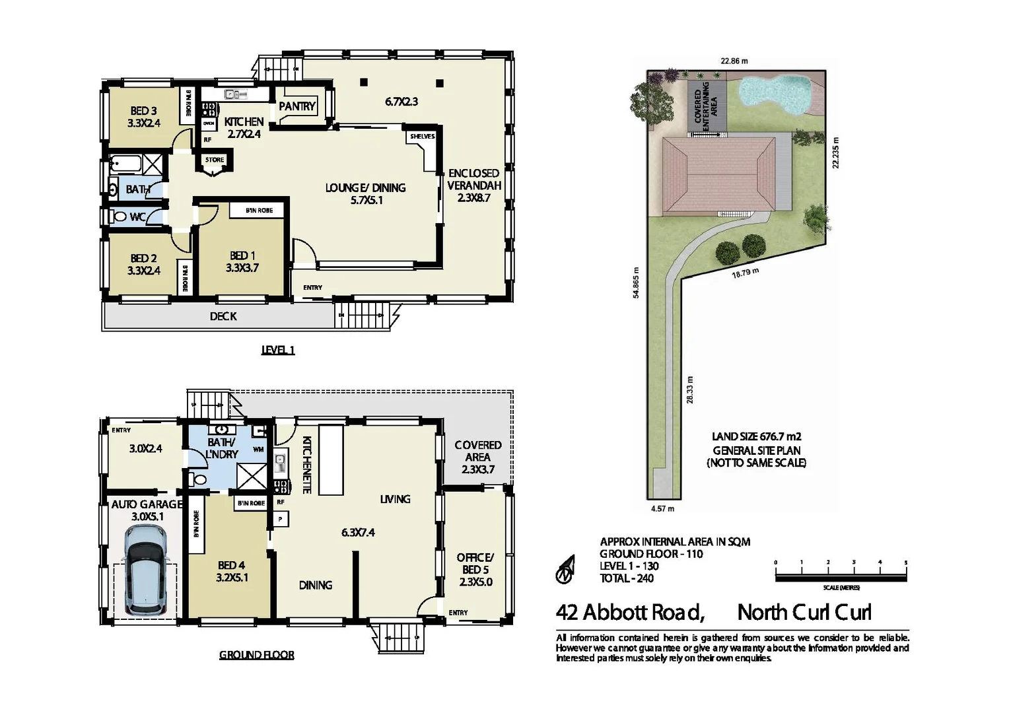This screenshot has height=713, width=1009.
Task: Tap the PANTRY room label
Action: [297, 106]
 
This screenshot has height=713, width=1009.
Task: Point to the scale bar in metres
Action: [841, 578]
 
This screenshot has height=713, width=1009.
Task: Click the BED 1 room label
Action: [242, 261]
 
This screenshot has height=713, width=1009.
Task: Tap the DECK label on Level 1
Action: [223, 316]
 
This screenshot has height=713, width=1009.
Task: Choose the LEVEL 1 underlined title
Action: [278, 350]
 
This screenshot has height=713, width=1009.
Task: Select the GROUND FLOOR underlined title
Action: [257, 655]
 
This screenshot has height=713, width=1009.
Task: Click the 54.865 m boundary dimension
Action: [636, 283]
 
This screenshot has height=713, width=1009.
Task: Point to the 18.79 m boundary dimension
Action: [745, 273]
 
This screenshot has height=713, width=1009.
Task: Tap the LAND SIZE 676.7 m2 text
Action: [756, 436]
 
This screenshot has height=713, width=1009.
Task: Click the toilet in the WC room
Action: [120, 216]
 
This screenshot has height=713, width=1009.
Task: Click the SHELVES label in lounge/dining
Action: [422, 137]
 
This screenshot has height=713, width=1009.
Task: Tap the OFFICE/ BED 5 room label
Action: [475, 569]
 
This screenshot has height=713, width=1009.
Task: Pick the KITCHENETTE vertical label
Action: [306, 465]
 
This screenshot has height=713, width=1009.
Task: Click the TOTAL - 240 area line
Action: [627, 578]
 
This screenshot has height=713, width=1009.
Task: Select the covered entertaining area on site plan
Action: [706, 106]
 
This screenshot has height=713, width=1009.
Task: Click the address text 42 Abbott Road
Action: [630, 613]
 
